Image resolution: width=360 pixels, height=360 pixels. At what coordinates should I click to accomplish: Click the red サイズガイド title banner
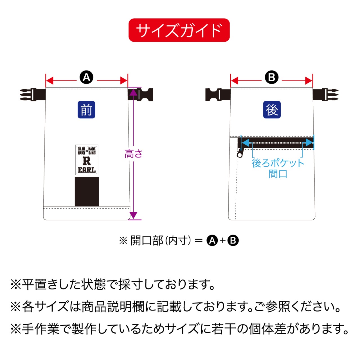179,30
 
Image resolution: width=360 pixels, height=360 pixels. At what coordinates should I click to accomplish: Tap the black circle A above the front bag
86,77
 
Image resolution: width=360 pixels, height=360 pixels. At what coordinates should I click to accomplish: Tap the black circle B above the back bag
271,77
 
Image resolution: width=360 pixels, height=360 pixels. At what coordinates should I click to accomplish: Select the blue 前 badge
86,109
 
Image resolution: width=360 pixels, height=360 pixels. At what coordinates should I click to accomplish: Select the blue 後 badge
272,109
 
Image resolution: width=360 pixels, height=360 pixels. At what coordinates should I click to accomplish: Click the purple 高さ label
133,154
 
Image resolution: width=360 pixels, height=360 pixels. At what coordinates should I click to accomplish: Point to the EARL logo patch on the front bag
87,160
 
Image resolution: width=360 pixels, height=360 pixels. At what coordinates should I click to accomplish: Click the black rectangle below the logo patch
87,192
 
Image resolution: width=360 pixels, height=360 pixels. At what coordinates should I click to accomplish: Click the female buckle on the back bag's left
217,94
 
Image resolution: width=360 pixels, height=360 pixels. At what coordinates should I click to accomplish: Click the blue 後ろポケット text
278,163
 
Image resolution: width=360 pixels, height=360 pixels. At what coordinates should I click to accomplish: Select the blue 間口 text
278,174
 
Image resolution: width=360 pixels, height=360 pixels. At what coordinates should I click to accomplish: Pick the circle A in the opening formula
212,240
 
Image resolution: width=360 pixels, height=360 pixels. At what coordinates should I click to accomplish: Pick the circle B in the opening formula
233,240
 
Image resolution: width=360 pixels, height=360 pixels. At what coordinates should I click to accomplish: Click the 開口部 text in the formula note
147,240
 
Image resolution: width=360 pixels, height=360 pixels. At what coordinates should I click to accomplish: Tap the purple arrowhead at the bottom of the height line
133,216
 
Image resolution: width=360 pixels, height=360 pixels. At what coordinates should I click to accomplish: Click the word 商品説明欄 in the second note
112,307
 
